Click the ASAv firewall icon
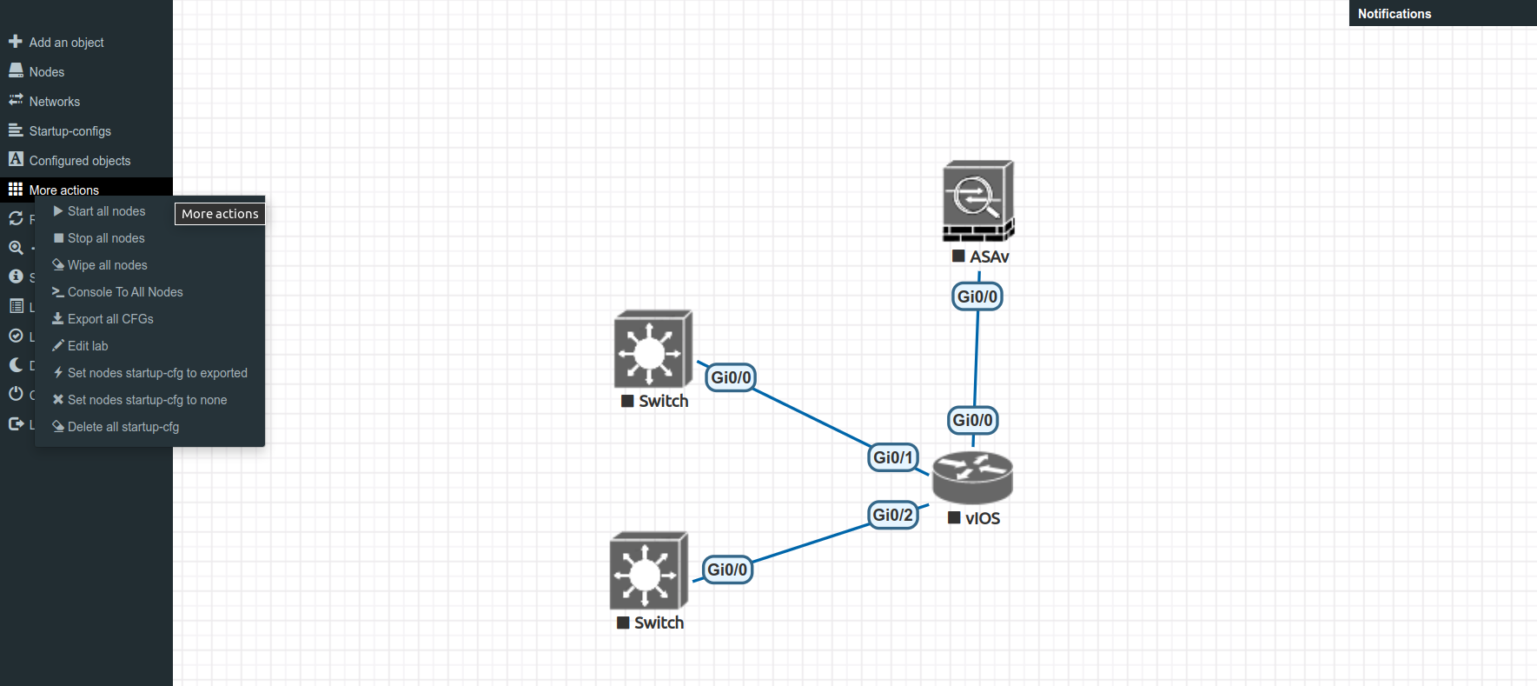(978, 201)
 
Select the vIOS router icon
(972, 477)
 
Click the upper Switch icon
(653, 350)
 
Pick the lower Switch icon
(648, 571)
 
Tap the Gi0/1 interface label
(893, 457)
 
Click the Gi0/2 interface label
(893, 515)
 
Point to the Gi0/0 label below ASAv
(977, 296)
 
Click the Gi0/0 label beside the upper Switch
(731, 377)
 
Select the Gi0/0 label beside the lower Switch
(727, 569)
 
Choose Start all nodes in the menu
(106, 211)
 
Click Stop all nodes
(106, 238)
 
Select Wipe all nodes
(107, 265)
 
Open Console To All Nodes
(125, 292)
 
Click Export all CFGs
(110, 319)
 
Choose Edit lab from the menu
(88, 346)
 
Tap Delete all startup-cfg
(123, 427)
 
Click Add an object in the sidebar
(66, 43)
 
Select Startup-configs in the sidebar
(70, 131)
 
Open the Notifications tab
(1395, 14)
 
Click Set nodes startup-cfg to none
(147, 400)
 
